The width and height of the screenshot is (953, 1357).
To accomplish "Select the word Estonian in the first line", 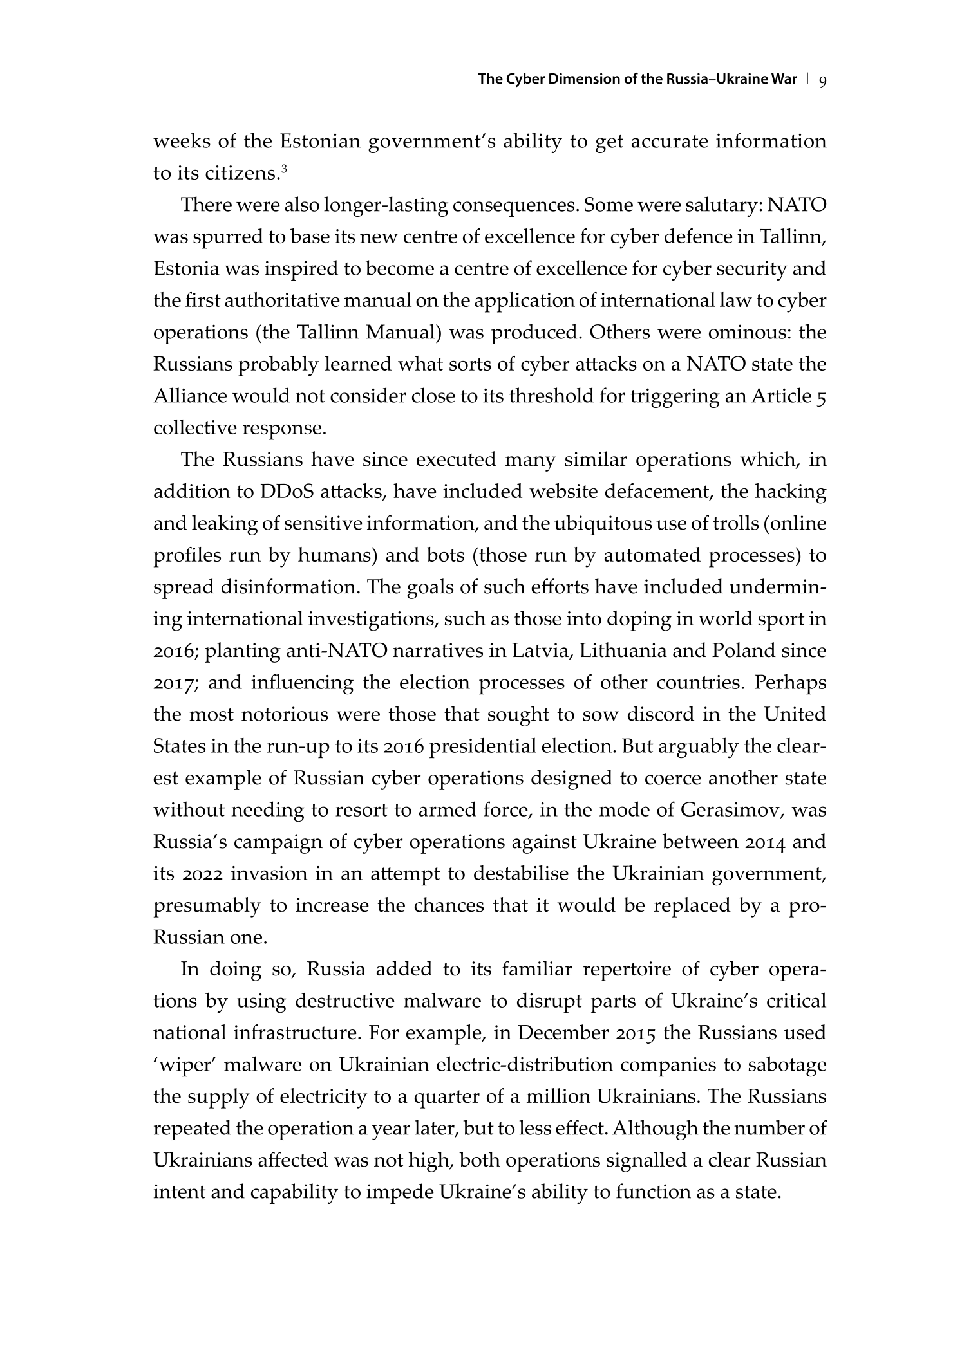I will click(x=320, y=142).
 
